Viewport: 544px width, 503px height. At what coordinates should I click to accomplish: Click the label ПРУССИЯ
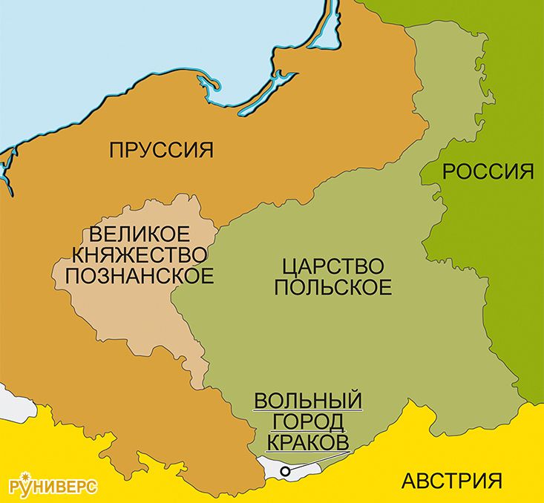(160, 150)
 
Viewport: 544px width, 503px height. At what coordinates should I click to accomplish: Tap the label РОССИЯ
(488, 171)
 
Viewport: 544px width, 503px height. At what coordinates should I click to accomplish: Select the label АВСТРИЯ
(451, 480)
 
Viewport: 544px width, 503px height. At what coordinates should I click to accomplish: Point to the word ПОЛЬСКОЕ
(332, 287)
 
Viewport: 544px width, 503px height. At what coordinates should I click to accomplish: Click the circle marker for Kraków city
(284, 470)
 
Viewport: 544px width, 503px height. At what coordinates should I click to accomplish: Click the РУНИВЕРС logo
(53, 487)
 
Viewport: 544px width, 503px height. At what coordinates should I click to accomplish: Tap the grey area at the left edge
(9, 400)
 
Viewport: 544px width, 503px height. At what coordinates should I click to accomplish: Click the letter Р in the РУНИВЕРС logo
(16, 487)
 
